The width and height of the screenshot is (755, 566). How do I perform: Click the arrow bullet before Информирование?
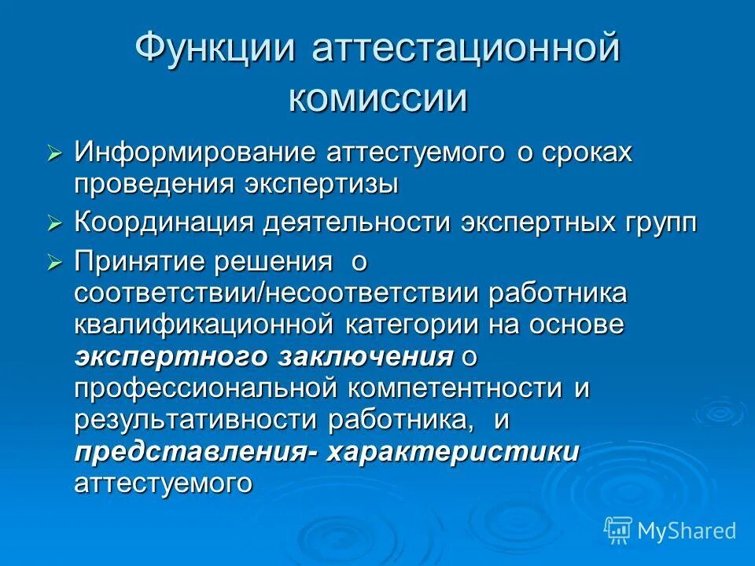pos(54,154)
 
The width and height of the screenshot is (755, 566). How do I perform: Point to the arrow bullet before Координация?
pos(54,224)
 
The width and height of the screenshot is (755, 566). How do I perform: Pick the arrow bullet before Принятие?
pos(54,263)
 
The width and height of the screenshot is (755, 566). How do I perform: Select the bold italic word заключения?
pos(366,356)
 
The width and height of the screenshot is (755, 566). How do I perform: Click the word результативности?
pos(197,421)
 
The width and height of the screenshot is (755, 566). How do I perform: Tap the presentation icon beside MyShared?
pos(618,531)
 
